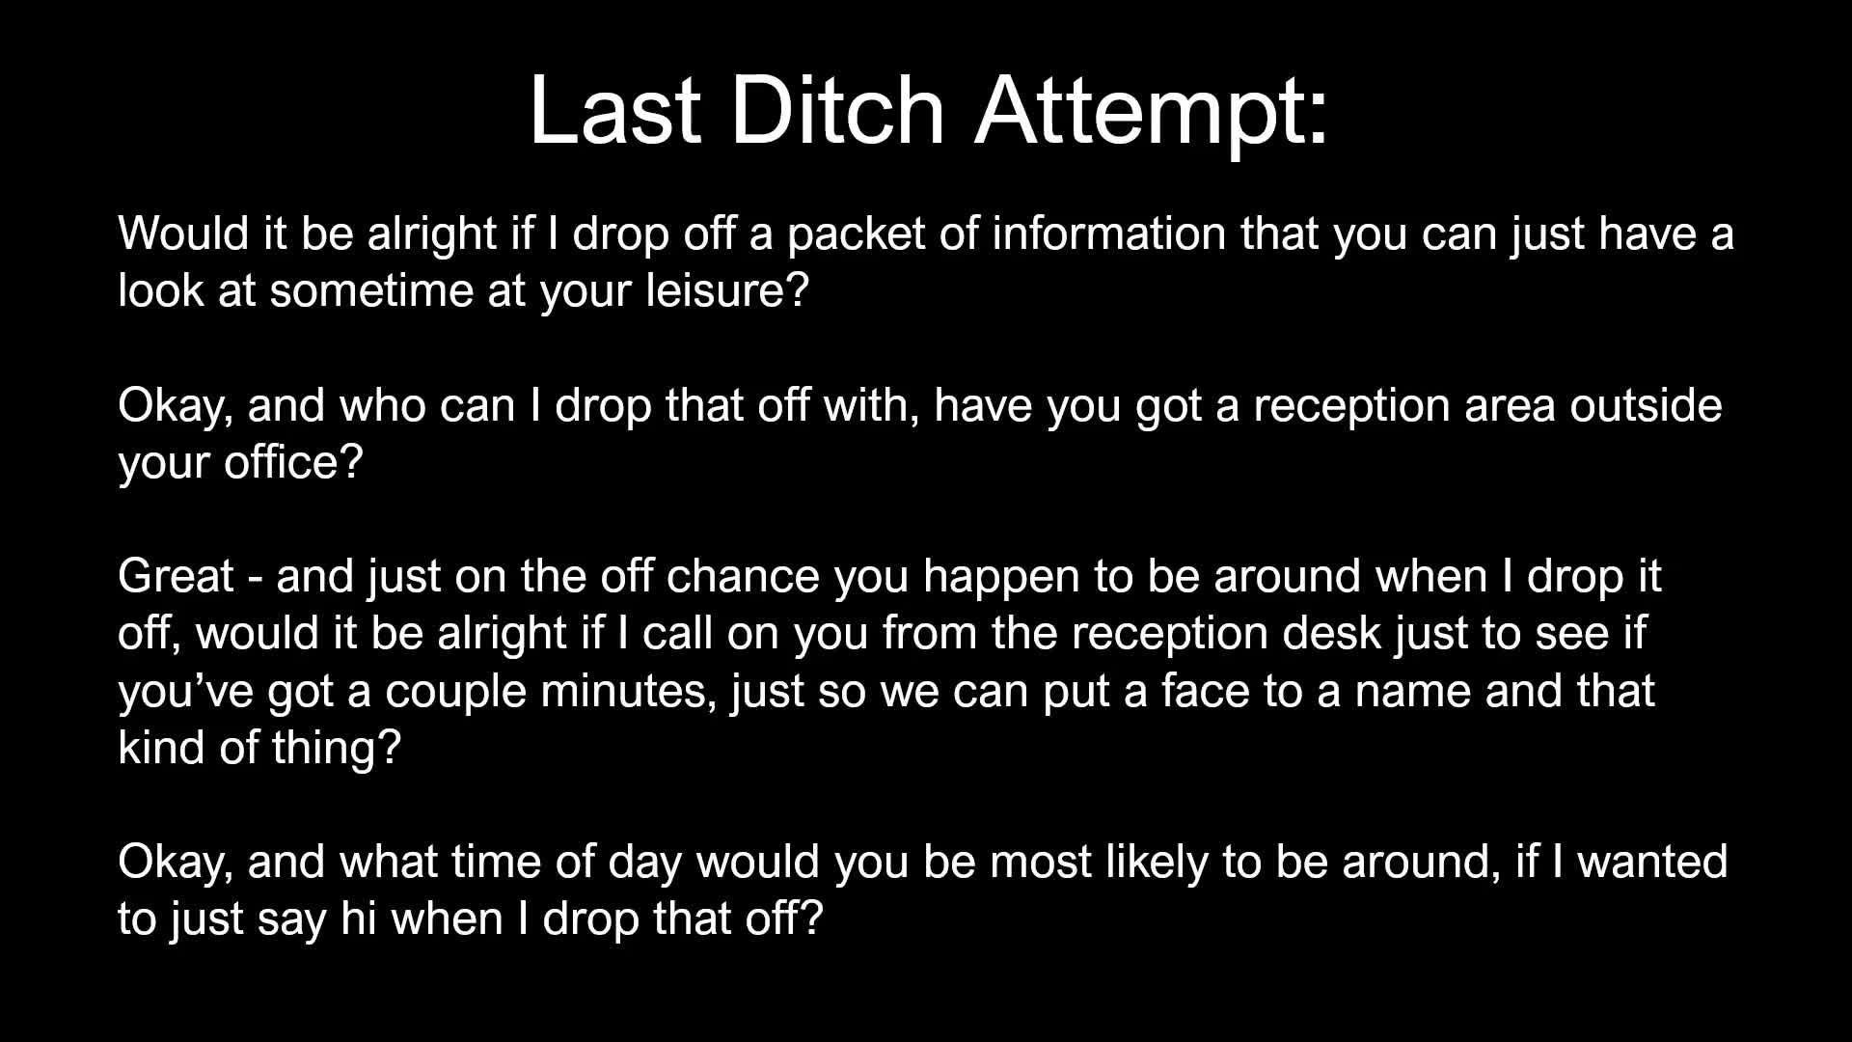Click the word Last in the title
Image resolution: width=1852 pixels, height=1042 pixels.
click(x=615, y=110)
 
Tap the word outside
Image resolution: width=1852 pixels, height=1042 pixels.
click(x=1646, y=405)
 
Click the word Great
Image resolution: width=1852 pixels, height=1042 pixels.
click(x=176, y=576)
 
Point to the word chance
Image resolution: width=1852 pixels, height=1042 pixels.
click(x=743, y=576)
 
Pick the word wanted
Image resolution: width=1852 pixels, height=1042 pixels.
click(x=1652, y=862)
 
